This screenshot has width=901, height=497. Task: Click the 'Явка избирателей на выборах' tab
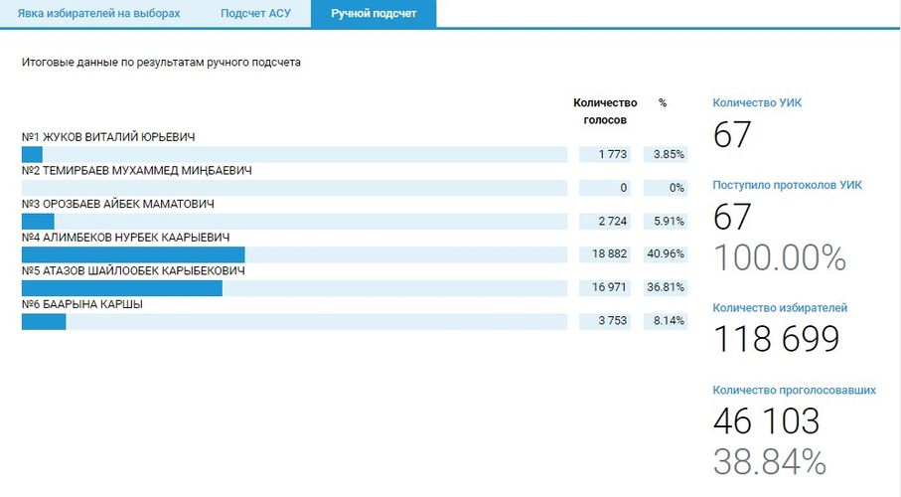tap(100, 14)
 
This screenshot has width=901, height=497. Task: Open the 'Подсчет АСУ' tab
tap(255, 14)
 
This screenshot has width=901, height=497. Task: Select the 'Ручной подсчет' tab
tap(374, 14)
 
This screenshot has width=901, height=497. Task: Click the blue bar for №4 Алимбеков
tap(133, 254)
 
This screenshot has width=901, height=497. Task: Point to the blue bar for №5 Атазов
tap(121, 288)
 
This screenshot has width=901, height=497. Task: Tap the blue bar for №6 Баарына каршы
tap(44, 321)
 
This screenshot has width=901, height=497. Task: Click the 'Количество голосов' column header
tap(605, 110)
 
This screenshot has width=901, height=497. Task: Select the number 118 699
tap(777, 339)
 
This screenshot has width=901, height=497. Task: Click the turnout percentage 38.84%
tap(770, 461)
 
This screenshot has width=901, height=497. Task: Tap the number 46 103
tap(766, 420)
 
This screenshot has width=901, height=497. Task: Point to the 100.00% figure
tap(780, 257)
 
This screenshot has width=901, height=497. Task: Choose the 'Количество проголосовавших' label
tap(794, 391)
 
